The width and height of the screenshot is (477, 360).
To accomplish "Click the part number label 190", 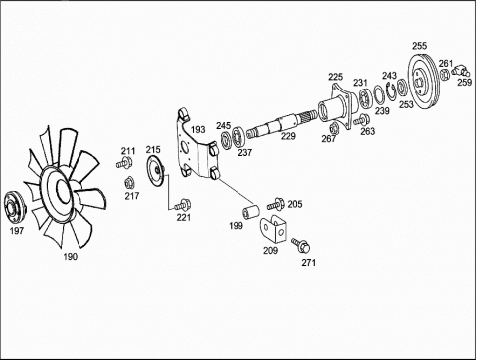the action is (x=71, y=256).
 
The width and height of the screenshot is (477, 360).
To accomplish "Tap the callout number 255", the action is (x=420, y=46).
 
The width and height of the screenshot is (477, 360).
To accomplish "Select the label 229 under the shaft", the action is (x=288, y=136).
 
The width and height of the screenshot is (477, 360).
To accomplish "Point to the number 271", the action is (x=308, y=263).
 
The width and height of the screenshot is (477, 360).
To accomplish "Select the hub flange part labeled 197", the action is (x=14, y=208).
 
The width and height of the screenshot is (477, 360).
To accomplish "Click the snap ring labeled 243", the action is (x=392, y=90).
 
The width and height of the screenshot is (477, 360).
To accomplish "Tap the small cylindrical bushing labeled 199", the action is (x=251, y=212).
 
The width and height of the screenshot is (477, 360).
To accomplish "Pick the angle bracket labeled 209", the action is (x=273, y=228).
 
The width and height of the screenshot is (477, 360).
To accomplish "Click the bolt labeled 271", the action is (x=301, y=245).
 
